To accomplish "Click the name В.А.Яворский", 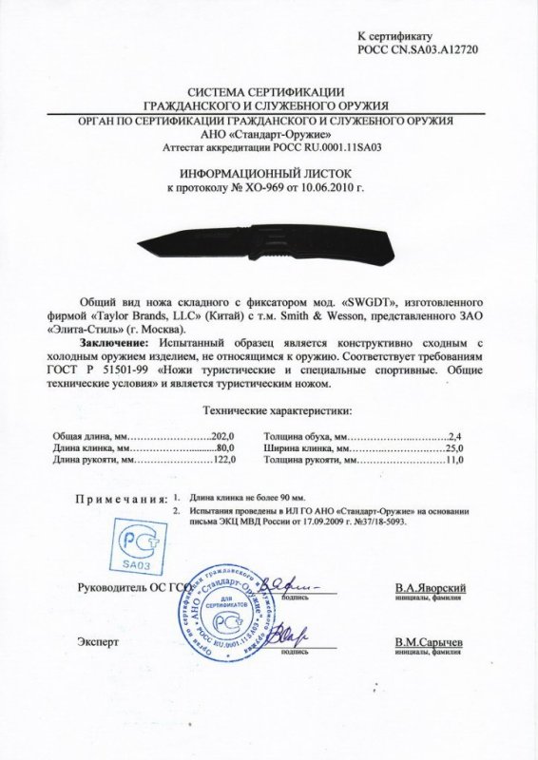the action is click(x=432, y=589).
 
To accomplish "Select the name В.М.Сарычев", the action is click(x=432, y=642).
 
